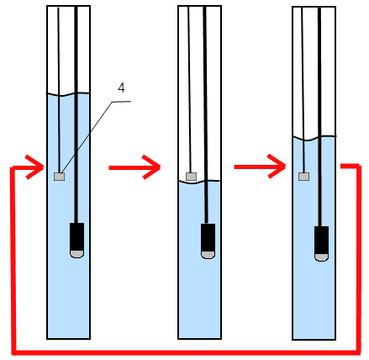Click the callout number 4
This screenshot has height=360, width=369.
[x=121, y=88]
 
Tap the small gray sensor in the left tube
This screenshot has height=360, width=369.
[x=60, y=177]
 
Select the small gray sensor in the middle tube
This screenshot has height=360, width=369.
[x=192, y=177]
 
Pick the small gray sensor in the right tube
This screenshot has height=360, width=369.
[x=304, y=177]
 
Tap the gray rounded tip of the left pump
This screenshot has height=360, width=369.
[x=76, y=254]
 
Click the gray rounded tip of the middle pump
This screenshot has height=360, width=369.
[x=208, y=255]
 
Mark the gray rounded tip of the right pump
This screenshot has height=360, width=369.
[x=321, y=257]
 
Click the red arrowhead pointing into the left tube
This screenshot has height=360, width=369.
[x=35, y=167]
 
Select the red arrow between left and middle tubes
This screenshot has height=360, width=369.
[x=134, y=167]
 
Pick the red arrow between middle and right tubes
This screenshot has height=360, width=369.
[x=260, y=167]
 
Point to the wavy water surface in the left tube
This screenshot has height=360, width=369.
[x=68, y=94]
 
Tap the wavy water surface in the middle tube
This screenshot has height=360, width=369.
[x=199, y=182]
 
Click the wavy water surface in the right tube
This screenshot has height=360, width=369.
[x=314, y=138]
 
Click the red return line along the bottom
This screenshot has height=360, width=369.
[x=187, y=352]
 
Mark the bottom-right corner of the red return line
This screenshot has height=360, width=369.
[x=358, y=352]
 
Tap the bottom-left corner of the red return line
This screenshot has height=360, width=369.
[x=14, y=352]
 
